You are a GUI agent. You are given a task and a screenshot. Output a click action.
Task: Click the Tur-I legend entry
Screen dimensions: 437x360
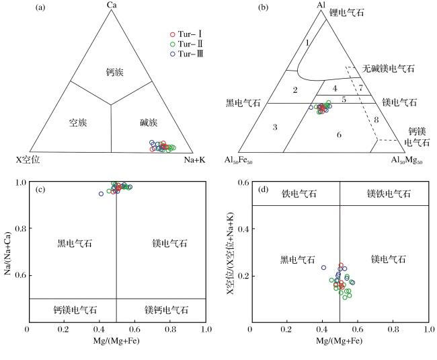click(x=186, y=34)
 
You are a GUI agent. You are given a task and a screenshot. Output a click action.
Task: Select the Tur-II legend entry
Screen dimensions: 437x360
click(x=186, y=44)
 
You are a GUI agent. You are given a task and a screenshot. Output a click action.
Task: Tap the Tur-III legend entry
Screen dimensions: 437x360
click(x=187, y=54)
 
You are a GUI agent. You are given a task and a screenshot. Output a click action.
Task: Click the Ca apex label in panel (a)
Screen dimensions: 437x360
click(x=112, y=5)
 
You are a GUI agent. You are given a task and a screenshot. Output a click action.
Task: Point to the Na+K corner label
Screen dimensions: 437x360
click(x=194, y=159)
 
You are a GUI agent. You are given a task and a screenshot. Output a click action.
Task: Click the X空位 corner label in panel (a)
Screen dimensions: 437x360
click(x=28, y=159)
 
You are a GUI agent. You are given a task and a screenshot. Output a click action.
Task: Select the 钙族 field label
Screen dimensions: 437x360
click(x=114, y=72)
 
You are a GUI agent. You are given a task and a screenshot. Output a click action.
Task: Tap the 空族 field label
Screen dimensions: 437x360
click(x=78, y=122)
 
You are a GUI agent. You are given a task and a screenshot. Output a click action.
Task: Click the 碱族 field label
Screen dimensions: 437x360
click(x=149, y=122)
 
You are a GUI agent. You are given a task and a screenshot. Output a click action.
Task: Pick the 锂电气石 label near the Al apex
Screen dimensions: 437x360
click(x=347, y=13)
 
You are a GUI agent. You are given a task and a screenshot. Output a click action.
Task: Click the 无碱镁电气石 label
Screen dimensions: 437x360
click(x=388, y=69)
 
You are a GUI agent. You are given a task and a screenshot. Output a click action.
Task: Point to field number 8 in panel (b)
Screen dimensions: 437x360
click(x=376, y=120)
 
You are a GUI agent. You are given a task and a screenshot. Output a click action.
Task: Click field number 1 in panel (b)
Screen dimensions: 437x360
click(x=307, y=42)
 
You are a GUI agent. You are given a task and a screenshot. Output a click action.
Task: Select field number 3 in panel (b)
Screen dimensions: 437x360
click(x=275, y=127)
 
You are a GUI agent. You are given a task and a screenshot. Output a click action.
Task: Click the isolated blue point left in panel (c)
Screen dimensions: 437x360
click(x=101, y=194)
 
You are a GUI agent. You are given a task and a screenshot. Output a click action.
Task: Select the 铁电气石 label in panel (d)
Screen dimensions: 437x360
click(x=299, y=194)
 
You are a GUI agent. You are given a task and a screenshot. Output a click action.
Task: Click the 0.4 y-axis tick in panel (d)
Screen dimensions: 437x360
click(x=243, y=229)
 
